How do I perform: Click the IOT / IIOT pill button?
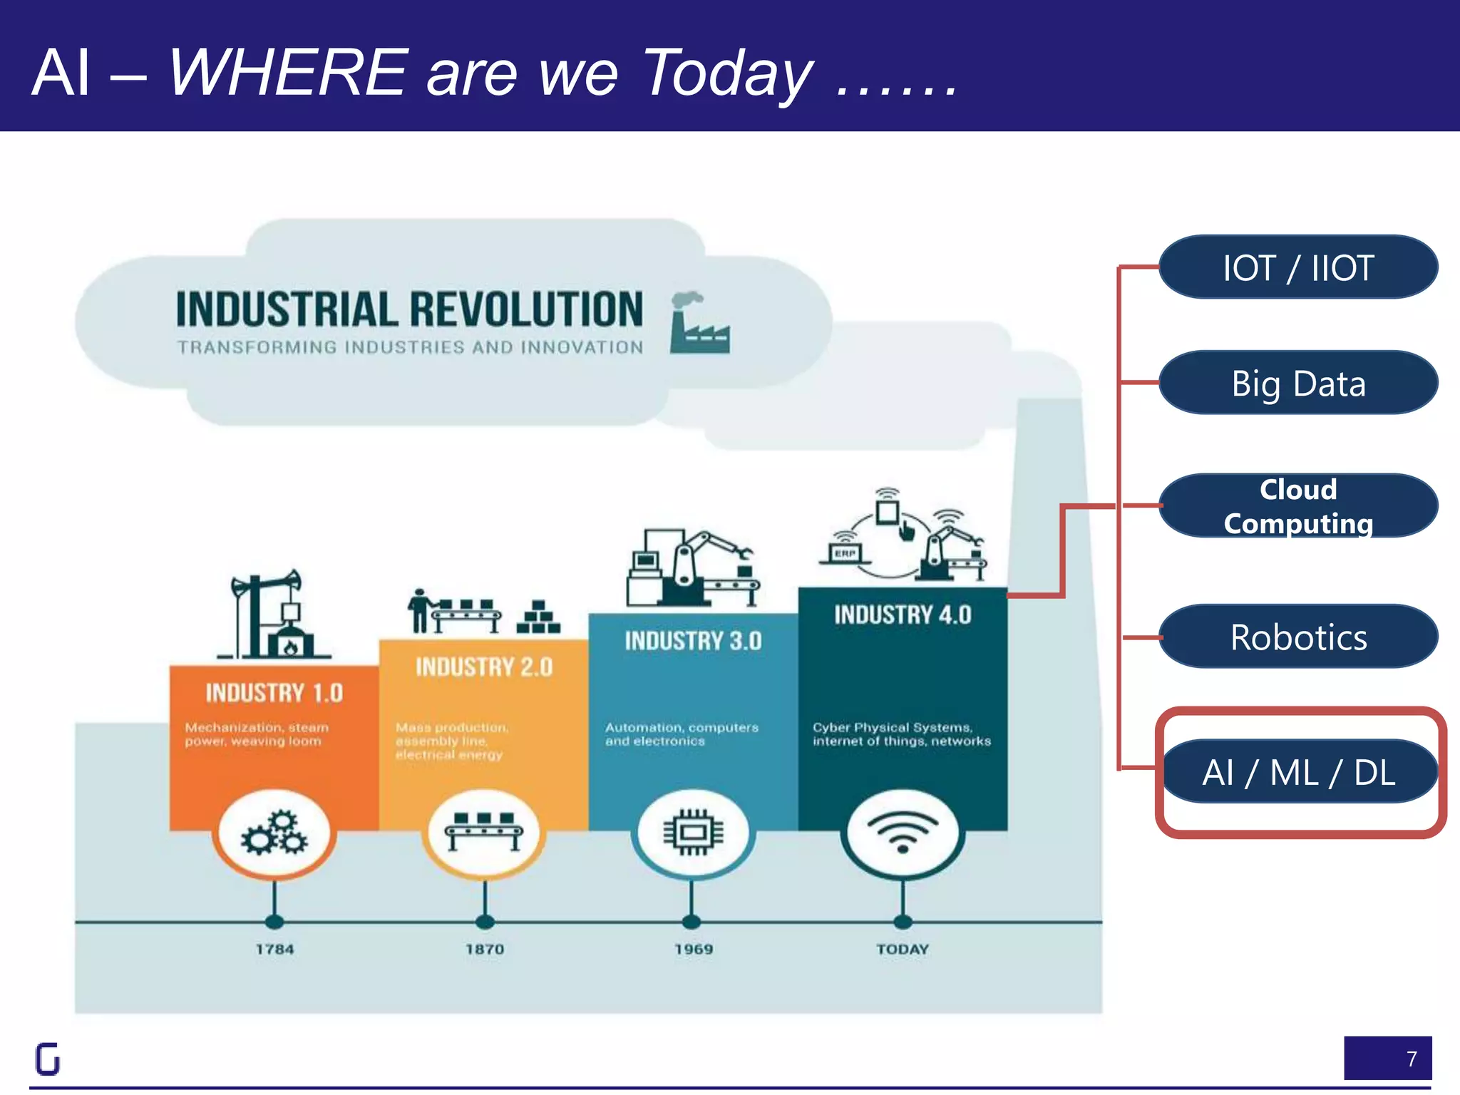(x=1298, y=267)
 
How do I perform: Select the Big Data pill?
(x=1298, y=383)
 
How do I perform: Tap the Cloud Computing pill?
(x=1298, y=506)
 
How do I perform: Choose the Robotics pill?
(x=1298, y=637)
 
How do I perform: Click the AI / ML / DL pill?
(x=1298, y=772)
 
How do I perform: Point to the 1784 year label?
(x=274, y=949)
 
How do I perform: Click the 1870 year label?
(x=485, y=949)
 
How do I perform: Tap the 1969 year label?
(x=694, y=949)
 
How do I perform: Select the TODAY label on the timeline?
(x=903, y=949)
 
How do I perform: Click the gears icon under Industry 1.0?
(x=274, y=832)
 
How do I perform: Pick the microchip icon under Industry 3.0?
(x=693, y=832)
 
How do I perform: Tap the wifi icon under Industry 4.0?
(x=903, y=832)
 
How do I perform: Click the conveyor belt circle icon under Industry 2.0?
(x=484, y=832)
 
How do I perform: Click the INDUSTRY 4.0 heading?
(x=903, y=615)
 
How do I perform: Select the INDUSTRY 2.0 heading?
(x=484, y=667)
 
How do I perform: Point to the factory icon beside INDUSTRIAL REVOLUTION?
(x=699, y=324)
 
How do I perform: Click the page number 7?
(x=1411, y=1059)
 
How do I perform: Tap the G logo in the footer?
(x=48, y=1059)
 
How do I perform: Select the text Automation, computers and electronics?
(x=682, y=734)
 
